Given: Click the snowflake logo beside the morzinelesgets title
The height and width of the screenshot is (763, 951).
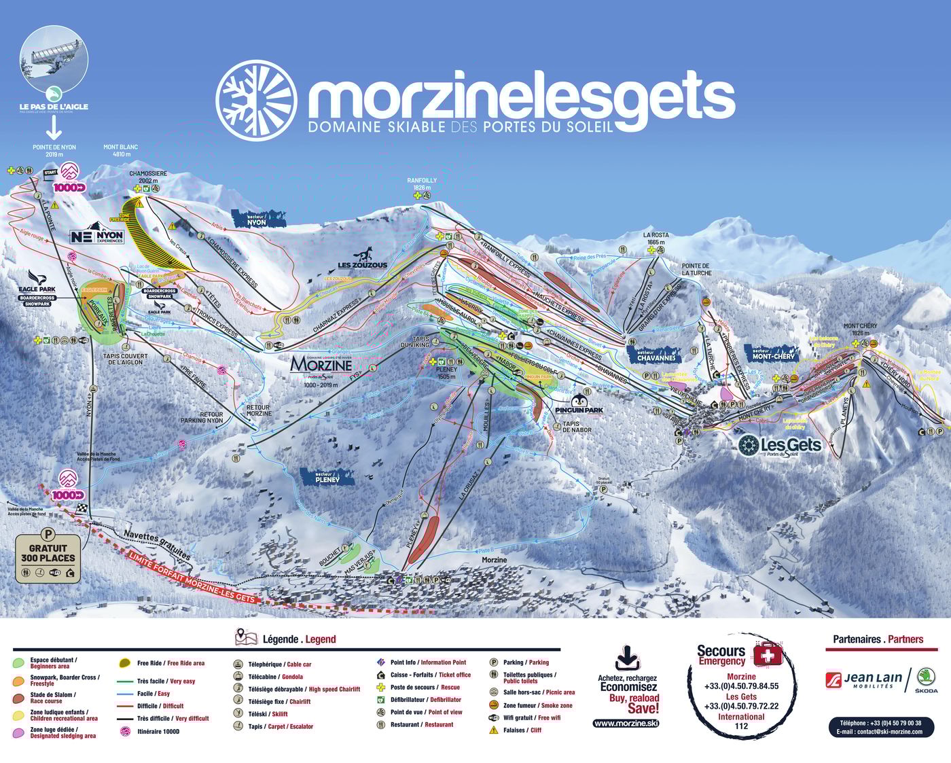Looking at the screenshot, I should pyautogui.click(x=256, y=101).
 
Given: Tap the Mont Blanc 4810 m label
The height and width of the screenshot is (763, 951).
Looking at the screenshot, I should pyautogui.click(x=120, y=150).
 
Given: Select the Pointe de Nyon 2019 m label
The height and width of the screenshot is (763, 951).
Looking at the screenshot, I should pyautogui.click(x=54, y=150).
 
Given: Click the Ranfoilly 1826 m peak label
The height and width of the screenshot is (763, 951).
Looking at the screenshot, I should pyautogui.click(x=422, y=184).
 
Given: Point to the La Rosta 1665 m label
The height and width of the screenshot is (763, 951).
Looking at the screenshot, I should pyautogui.click(x=656, y=238).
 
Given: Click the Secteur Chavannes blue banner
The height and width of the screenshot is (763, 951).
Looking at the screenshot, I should pyautogui.click(x=656, y=355).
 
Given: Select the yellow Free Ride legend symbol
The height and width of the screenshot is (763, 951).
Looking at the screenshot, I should pyautogui.click(x=124, y=663).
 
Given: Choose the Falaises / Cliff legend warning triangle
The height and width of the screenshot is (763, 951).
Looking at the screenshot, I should pyautogui.click(x=493, y=730).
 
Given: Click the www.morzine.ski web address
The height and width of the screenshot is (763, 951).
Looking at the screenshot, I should pyautogui.click(x=625, y=723).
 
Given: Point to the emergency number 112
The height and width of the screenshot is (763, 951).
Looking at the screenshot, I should pyautogui.click(x=741, y=726).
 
